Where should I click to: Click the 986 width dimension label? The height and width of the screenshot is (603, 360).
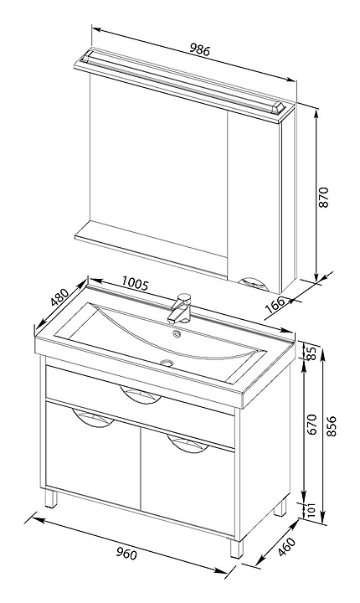pos(200,50)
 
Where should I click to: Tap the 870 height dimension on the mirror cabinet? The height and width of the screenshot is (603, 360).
pos(324,198)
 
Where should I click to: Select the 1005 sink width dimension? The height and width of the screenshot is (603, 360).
pos(135,283)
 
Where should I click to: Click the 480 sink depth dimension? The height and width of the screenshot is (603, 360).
pos(59,297)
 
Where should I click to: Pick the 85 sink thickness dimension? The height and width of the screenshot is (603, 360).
pos(312,353)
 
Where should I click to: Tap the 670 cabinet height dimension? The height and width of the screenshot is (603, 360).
pos(312,424)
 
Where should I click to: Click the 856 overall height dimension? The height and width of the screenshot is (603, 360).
pos(332,426)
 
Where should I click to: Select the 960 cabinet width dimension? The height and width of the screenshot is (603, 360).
pos(126,554)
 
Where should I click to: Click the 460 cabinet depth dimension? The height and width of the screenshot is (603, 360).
pos(287,547)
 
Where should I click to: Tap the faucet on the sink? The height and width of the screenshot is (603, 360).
pos(180,308)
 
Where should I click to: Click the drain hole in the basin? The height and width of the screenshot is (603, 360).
pos(167,362)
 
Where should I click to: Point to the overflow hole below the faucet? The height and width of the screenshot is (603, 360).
pos(177,334)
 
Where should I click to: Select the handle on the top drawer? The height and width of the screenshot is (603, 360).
pos(140,394)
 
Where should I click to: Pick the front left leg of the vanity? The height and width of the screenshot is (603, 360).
pos(51,498)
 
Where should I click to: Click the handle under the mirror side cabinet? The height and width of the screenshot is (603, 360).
pos(253,283)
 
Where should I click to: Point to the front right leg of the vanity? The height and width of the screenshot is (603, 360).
pos(237,548)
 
